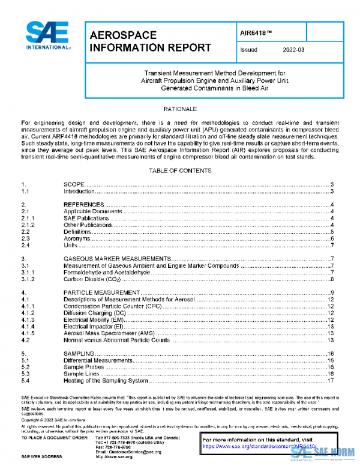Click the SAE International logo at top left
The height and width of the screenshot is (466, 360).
coord(49,35)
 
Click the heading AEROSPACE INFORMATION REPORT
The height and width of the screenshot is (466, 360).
coord(150,41)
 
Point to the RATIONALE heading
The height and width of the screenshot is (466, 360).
coord(180,109)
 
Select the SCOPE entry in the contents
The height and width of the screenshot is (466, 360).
coord(76,184)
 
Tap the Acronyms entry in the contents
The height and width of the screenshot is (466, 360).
coord(77,238)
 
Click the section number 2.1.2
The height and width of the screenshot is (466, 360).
coord(28,225)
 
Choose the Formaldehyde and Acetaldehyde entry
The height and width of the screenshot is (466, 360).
coord(106,272)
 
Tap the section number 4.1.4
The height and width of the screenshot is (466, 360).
coord(28,326)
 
